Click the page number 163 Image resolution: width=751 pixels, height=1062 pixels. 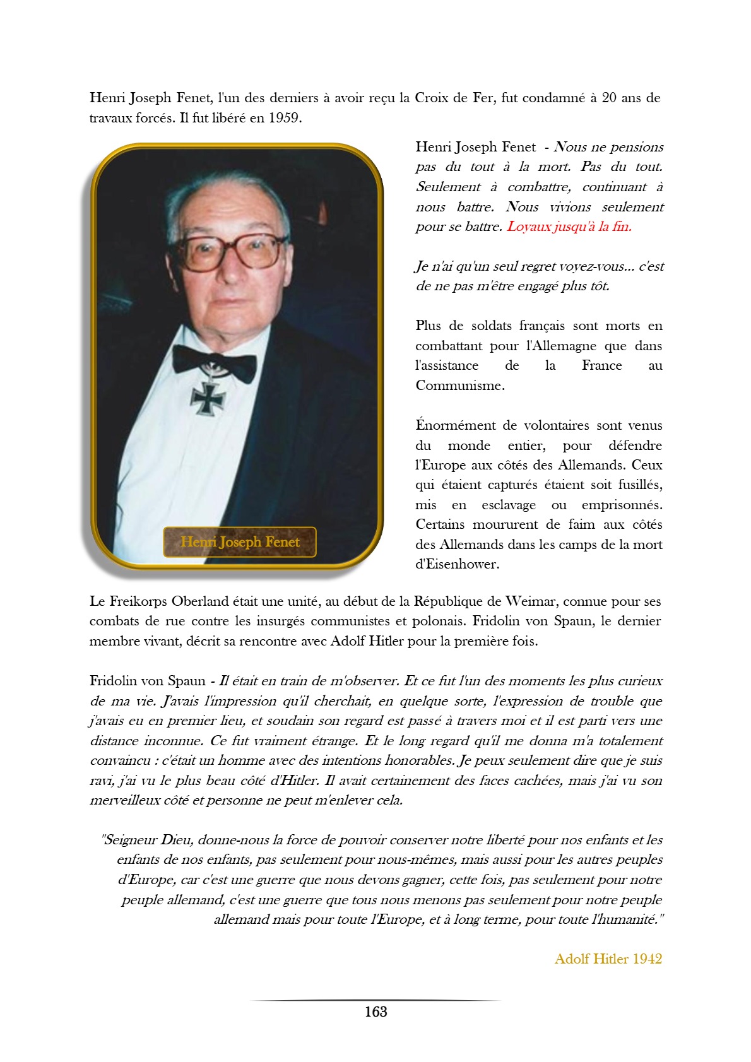(375, 1012)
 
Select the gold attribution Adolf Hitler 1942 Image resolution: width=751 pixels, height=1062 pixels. (608, 959)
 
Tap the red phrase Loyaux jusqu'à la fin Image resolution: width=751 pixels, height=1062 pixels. (569, 227)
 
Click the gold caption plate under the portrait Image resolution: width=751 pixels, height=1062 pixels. (240, 542)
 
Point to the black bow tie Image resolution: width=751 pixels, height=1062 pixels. (215, 363)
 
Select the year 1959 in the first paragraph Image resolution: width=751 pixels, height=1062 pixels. (283, 118)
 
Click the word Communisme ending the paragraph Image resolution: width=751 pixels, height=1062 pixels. (459, 386)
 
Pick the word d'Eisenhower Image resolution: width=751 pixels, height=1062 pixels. (457, 564)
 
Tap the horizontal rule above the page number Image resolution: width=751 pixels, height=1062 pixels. (375, 1000)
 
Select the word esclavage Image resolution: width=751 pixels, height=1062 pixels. (508, 505)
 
